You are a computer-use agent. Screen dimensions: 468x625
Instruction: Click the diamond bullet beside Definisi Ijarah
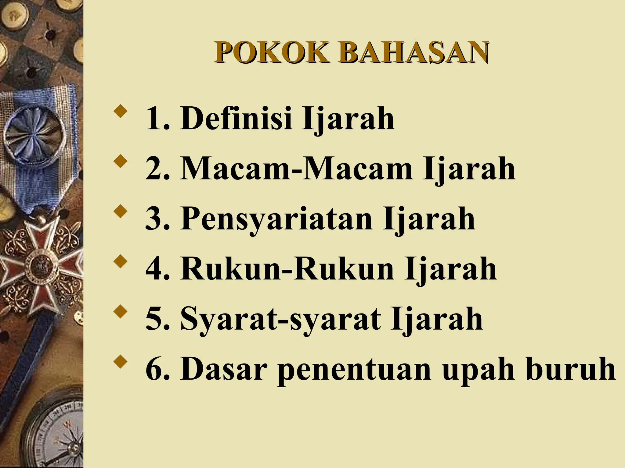[119, 112]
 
